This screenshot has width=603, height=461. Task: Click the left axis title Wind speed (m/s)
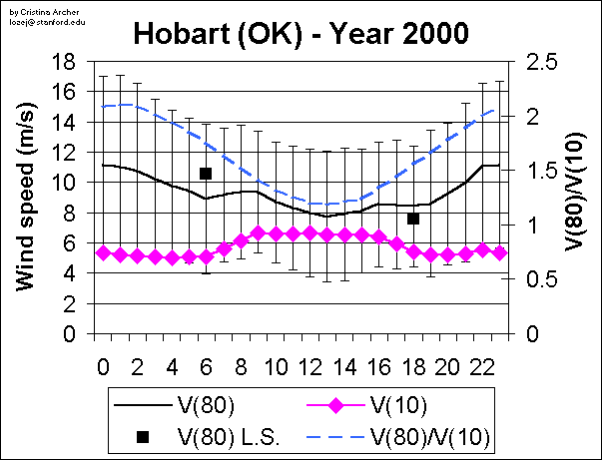click(x=27, y=198)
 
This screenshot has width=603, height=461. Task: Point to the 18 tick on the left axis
click(x=65, y=61)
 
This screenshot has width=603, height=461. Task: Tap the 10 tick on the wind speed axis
click(x=65, y=183)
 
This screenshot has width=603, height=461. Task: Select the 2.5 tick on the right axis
click(x=541, y=62)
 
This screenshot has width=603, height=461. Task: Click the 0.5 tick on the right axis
click(x=541, y=279)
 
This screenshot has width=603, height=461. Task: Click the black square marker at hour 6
click(x=206, y=173)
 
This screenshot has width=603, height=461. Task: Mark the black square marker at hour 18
click(x=412, y=219)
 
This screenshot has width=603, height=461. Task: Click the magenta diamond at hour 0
click(x=103, y=253)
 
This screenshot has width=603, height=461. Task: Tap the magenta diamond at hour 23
click(x=499, y=253)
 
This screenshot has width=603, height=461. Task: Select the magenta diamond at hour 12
click(x=309, y=232)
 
